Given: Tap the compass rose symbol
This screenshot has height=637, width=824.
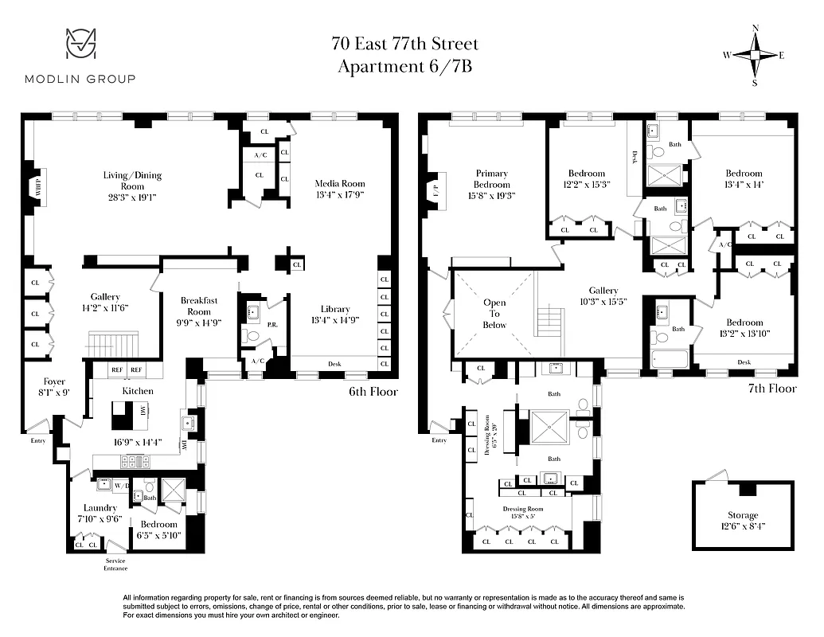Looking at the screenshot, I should (x=754, y=55).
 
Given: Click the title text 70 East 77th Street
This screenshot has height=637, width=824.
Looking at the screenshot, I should (x=405, y=44).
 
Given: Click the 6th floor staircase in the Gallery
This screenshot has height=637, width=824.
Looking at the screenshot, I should (x=111, y=346).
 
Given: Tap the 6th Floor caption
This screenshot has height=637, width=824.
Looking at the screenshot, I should (x=373, y=392).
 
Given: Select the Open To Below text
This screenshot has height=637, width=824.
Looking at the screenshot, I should (x=494, y=314).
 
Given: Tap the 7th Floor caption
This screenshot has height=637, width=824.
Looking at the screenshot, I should (x=771, y=389).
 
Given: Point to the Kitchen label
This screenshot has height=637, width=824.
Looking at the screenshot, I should (x=138, y=391).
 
